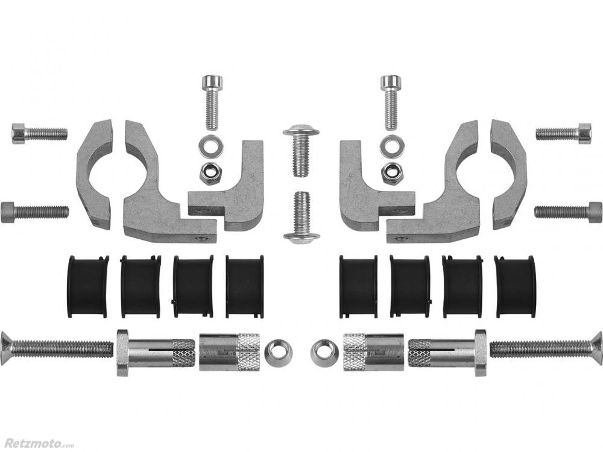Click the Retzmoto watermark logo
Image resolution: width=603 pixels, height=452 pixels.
pyautogui.click(x=37, y=442)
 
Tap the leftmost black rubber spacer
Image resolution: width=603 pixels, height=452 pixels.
pyautogui.click(x=87, y=286)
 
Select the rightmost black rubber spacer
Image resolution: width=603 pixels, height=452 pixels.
pyautogui.click(x=515, y=286)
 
